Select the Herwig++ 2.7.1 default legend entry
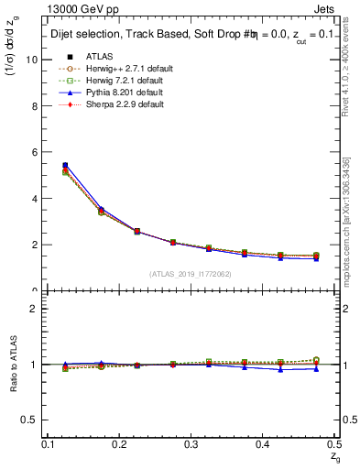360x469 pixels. tap(115, 69)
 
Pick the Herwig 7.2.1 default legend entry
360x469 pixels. tap(113, 81)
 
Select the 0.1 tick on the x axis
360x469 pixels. tap(49, 444)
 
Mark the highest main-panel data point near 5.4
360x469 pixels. tap(64, 166)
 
